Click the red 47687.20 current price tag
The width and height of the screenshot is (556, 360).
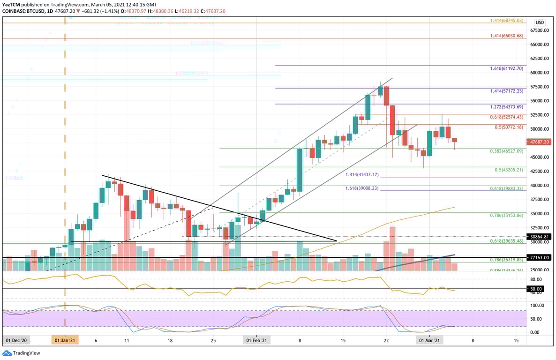point(540,142)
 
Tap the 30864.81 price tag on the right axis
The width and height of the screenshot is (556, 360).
point(540,237)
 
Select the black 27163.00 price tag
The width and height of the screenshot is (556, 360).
point(540,257)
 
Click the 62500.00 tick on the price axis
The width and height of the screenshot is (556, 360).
point(539,59)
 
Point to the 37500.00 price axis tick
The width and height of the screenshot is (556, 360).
point(539,199)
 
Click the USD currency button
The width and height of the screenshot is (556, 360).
point(540,22)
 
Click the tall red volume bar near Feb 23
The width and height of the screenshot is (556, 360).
point(392,248)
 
